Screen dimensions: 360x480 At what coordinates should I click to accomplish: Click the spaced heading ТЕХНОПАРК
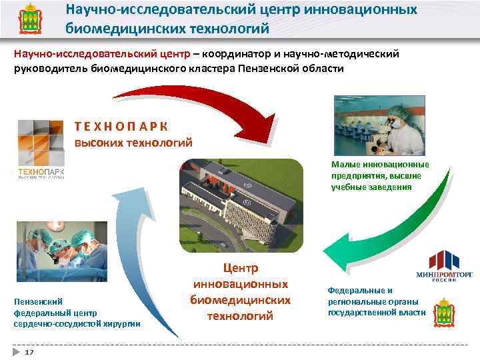121,127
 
